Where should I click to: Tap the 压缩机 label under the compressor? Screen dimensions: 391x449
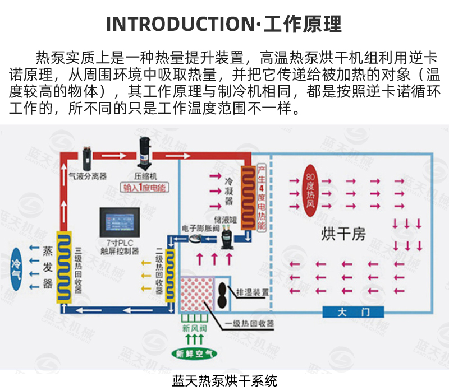click(145, 174)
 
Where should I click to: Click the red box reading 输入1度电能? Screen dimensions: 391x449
click(145, 188)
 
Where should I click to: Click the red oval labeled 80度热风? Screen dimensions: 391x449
click(312, 190)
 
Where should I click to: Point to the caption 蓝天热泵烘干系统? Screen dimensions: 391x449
click(224, 381)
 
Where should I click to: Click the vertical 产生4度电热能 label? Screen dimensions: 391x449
click(261, 196)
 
